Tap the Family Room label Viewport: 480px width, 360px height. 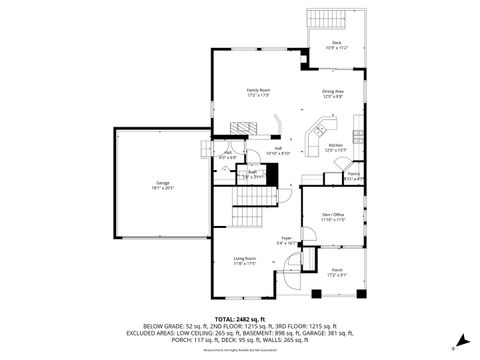click(x=259, y=92)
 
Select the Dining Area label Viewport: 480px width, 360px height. click(x=333, y=94)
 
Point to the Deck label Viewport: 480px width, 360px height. click(x=336, y=44)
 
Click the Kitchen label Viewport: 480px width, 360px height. click(x=336, y=146)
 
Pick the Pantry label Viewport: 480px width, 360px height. click(x=353, y=176)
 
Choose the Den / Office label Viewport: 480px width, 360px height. click(x=331, y=217)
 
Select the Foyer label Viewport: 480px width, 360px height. click(x=286, y=239)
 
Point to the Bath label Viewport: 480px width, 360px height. click(x=254, y=173)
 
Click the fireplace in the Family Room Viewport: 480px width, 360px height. click(x=237, y=127)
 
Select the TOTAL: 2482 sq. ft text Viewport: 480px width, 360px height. click(x=241, y=318)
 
